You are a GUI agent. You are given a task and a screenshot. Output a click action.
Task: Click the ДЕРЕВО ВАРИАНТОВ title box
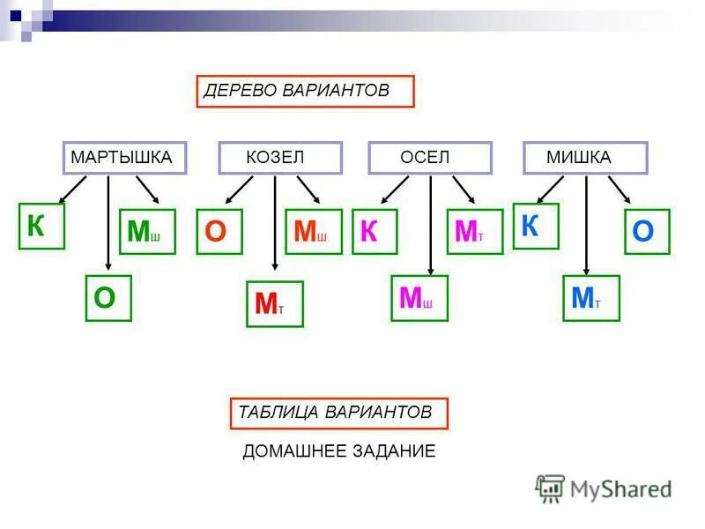click(x=305, y=92)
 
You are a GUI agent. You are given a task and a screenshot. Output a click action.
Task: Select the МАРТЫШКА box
click(x=124, y=158)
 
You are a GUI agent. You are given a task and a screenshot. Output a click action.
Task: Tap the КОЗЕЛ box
click(x=280, y=158)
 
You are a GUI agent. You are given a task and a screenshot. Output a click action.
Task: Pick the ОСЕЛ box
click(x=429, y=158)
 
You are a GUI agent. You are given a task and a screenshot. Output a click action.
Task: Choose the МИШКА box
click(x=585, y=158)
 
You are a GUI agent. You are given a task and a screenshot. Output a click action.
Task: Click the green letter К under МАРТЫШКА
click(x=41, y=227)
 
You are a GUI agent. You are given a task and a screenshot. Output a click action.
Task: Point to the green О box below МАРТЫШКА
click(x=108, y=298)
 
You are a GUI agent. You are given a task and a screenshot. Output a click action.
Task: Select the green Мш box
click(x=147, y=232)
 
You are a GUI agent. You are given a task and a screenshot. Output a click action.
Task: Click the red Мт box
click(x=274, y=304)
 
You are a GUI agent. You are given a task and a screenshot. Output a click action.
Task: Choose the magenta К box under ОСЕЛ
click(x=375, y=232)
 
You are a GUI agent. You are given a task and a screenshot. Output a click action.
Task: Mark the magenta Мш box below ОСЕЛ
click(x=419, y=298)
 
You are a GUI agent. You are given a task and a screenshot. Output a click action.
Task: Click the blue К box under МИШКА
click(x=535, y=227)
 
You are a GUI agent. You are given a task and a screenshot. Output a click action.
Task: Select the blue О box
click(x=647, y=232)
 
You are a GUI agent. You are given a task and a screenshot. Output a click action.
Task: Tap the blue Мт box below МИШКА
click(x=590, y=298)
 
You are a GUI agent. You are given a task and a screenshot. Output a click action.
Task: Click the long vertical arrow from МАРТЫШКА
click(x=108, y=220)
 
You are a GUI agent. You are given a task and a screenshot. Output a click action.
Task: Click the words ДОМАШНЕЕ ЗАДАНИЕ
click(x=339, y=451)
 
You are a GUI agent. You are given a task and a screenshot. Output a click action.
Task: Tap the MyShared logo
click(x=604, y=488)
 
